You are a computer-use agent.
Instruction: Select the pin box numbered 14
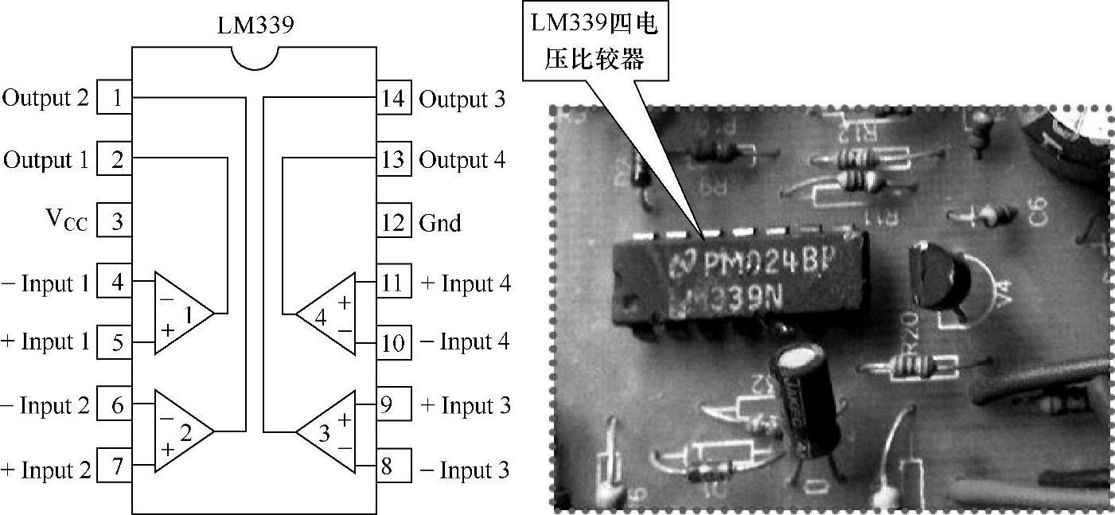coord(393,99)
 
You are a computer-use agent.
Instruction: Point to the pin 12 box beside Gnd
coord(393,222)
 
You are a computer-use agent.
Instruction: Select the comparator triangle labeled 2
coord(182,431)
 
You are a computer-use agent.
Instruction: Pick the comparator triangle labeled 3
coord(328,431)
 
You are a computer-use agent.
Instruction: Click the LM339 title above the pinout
coord(255,25)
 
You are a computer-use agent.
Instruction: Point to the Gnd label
coord(440,223)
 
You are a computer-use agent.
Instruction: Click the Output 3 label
coord(462,99)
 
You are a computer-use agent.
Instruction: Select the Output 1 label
coord(45,160)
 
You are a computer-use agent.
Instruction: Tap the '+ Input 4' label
coord(465,283)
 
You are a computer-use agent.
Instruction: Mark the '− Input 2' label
coord(45,406)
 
